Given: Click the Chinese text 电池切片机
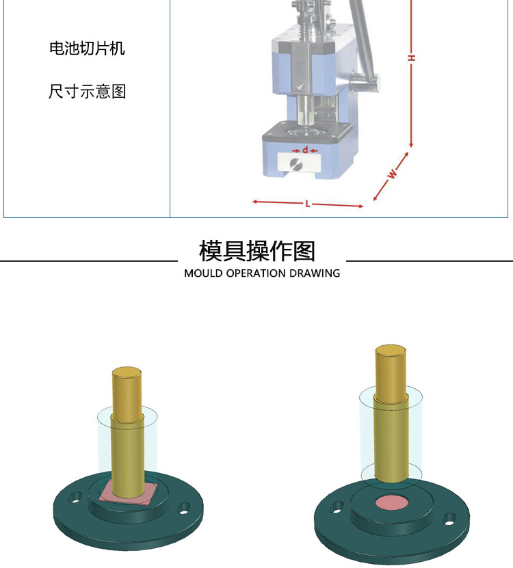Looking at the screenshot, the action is [x=87, y=48].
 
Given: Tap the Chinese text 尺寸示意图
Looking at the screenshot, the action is [x=87, y=92].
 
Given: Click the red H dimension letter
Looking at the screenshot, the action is [x=412, y=57].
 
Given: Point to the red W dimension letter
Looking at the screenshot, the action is [x=392, y=174].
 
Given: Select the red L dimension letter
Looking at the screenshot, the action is [x=307, y=204].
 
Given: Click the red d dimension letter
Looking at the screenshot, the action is [x=305, y=150].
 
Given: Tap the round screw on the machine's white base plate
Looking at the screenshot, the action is [x=296, y=164].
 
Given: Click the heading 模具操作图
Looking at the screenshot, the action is [x=256, y=251].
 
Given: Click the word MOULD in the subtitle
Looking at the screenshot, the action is [x=203, y=273].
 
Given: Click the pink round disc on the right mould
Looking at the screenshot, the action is [x=391, y=503].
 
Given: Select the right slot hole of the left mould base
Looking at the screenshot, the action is [x=185, y=509].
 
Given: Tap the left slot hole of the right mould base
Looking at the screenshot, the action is [x=337, y=506].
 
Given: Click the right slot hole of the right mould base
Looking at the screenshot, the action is [x=450, y=519].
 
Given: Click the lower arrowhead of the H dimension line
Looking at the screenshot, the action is [x=411, y=145].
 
